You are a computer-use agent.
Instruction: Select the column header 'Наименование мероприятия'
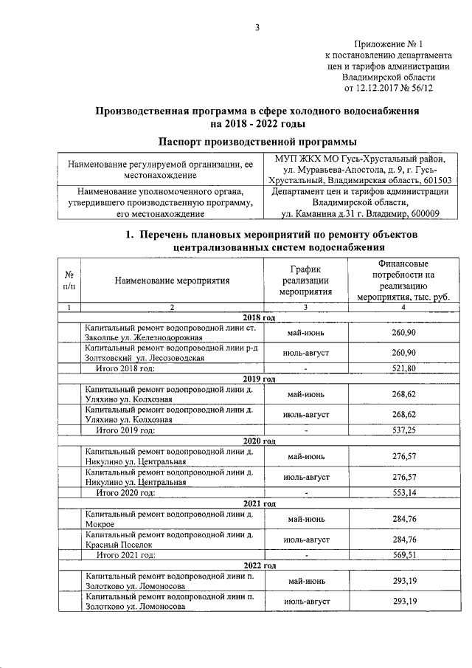172,280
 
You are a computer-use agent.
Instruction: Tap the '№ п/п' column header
69,280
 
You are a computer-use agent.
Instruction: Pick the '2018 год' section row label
257,317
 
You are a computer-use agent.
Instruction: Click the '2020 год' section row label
257,441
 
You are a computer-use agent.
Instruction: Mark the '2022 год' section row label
257,565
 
